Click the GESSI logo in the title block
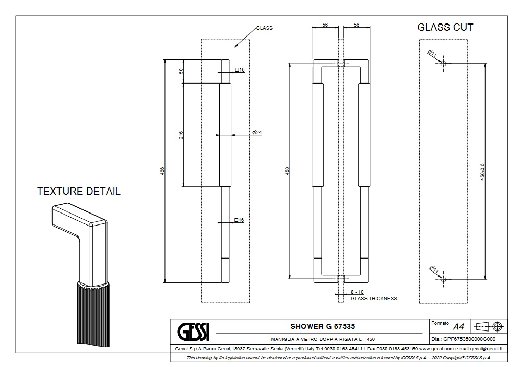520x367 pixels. coord(194,331)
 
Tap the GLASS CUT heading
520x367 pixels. coord(445,28)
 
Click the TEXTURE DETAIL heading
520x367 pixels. coord(79,191)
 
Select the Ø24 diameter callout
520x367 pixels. coord(256,133)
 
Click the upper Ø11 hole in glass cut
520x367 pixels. coord(443,64)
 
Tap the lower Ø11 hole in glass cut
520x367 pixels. coord(443,280)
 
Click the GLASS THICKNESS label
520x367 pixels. coord(374,299)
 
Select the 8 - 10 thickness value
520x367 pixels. coord(357,292)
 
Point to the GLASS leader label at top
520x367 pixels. coord(264,28)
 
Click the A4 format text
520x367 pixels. coord(458,327)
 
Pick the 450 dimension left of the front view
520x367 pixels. coord(287,171)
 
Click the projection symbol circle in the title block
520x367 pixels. coord(497,326)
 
